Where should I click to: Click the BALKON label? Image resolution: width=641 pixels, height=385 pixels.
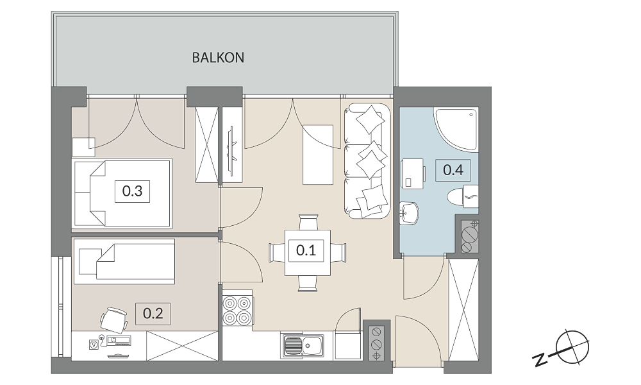click(218, 58)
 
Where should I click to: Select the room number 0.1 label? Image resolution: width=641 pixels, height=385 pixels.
click(306, 250)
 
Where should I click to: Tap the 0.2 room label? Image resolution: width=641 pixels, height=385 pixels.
click(153, 314)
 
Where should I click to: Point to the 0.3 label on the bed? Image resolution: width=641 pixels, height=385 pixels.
click(133, 191)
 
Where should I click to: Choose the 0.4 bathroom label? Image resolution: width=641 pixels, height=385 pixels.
click(453, 170)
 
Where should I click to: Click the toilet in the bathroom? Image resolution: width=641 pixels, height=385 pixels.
click(463, 196)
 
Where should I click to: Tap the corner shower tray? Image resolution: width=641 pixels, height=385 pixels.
click(456, 129)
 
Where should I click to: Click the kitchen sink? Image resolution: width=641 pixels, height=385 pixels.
click(302, 346)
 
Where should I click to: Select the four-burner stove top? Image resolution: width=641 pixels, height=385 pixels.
click(238, 310)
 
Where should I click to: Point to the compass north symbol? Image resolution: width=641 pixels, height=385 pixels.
click(572, 347)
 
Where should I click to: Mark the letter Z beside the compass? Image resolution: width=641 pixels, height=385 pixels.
click(540, 359)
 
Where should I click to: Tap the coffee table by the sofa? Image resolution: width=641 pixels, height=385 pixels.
click(318, 155)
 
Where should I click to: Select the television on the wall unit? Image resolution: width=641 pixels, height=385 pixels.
click(232, 151)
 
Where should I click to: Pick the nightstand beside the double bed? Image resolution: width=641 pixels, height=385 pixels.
click(83, 147)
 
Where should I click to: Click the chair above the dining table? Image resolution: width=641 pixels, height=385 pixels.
click(308, 223)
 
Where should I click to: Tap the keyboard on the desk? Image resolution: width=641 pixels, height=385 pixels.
click(119, 339)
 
